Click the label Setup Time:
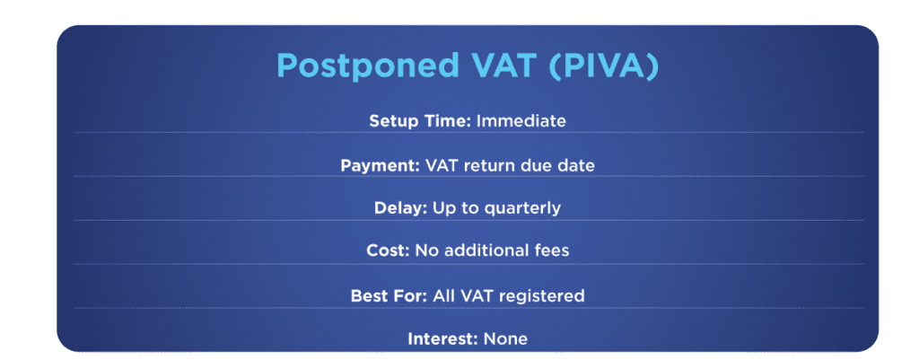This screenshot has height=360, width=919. tap(419, 120)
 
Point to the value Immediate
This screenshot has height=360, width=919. tap(521, 120)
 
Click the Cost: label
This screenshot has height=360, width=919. tap(389, 251)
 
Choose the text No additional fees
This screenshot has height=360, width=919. tap(492, 251)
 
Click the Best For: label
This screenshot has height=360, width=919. tap(389, 295)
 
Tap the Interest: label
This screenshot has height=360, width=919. tap(442, 339)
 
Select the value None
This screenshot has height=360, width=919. tap(506, 339)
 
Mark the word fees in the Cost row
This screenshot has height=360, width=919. tap(550, 251)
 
